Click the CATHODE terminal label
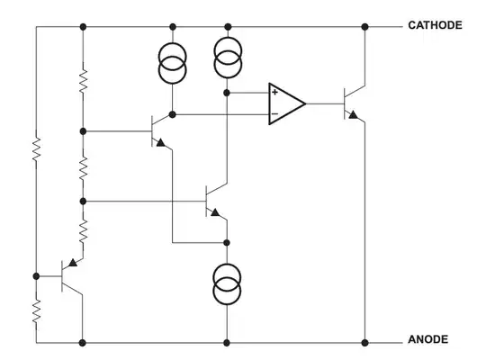(435, 25)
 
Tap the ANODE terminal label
(427, 339)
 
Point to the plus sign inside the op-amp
(274, 93)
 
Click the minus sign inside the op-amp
(274, 114)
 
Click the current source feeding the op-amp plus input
(227, 60)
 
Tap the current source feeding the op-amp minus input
(173, 64)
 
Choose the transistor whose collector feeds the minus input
(158, 130)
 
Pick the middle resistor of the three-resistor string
(82, 166)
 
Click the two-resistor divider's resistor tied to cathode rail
(36, 148)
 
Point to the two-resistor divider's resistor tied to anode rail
(36, 310)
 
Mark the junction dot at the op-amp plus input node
(227, 93)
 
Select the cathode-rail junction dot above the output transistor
(364, 27)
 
